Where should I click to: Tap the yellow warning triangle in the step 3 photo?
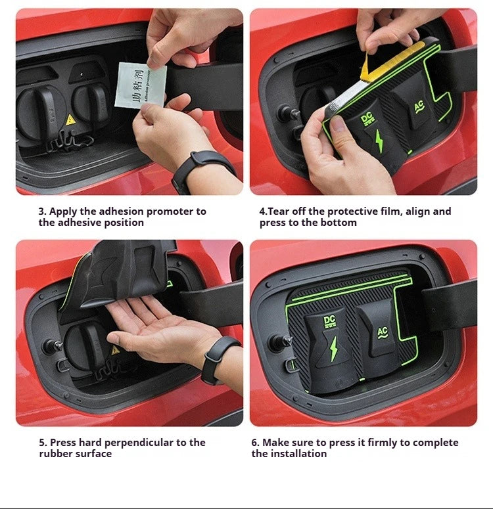(70, 120)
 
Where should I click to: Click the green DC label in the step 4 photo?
(367, 120)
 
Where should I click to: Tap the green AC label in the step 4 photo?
(418, 106)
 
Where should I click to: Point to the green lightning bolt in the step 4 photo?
(379, 141)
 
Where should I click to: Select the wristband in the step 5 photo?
(216, 359)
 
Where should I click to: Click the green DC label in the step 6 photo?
(329, 321)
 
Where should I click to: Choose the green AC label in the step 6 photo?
(383, 332)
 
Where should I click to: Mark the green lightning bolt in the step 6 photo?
(333, 349)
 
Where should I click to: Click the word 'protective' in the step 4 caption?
(349, 211)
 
